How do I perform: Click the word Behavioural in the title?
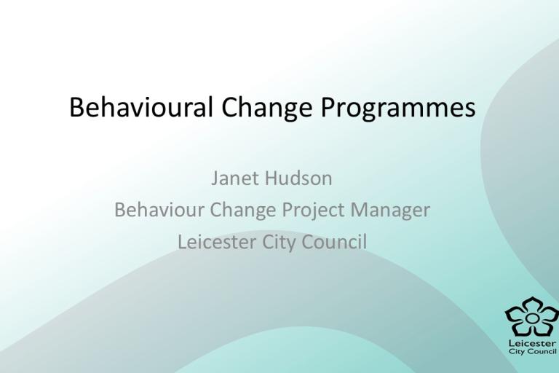click(x=140, y=106)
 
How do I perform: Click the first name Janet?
click(x=233, y=178)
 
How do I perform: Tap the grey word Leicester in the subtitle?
click(x=217, y=242)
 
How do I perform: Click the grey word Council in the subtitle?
click(x=334, y=242)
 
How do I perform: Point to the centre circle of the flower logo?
click(x=531, y=318)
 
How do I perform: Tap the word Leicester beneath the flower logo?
click(x=532, y=343)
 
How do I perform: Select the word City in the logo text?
click(x=516, y=352)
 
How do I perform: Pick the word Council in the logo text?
click(x=541, y=352)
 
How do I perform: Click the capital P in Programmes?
click(x=328, y=106)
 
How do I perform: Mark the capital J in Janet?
click(x=215, y=178)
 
